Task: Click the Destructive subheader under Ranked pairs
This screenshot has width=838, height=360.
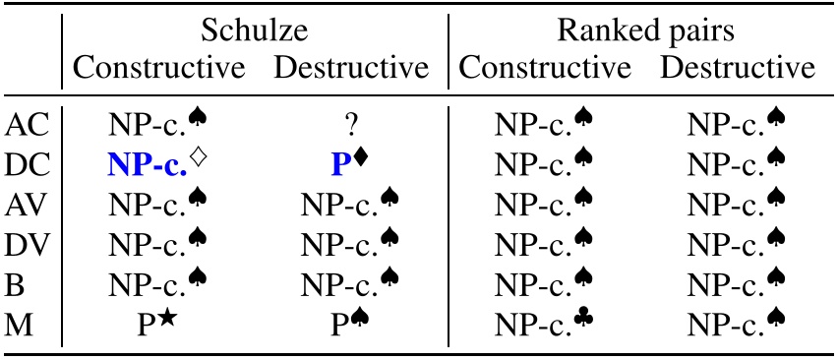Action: click(x=739, y=69)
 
